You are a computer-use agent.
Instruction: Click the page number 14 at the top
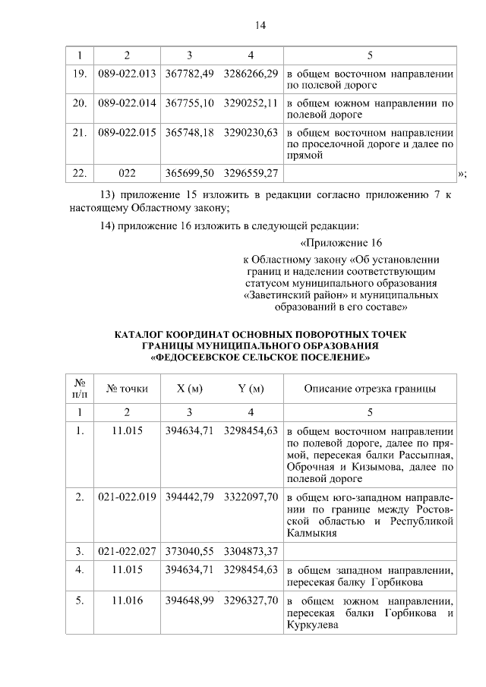coord(260,25)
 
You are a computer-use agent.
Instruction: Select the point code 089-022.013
coord(127,74)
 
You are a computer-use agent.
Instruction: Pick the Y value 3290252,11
coord(251,102)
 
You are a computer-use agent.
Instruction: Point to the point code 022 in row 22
coord(127,174)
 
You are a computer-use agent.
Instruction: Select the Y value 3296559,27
coord(251,174)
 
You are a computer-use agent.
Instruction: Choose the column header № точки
coord(127,389)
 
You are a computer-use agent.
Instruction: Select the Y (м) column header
coord(251,389)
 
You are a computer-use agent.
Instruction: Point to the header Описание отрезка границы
coord(370,389)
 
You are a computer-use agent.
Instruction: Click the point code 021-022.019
coord(127,496)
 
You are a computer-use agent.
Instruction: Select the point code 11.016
coord(127,600)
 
